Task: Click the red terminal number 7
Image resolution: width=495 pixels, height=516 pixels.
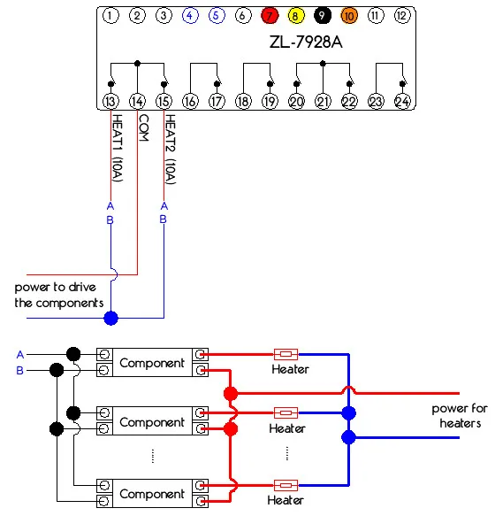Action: point(270,15)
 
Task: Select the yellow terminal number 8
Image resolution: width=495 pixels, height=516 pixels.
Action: point(296,15)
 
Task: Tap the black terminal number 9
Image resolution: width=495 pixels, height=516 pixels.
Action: point(323,15)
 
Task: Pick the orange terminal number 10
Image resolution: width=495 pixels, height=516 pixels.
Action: point(349,15)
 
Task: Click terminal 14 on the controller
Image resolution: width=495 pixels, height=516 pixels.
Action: point(137,102)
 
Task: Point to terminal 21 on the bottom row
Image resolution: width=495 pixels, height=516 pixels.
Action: point(323,102)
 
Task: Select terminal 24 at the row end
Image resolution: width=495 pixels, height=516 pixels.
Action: point(402,102)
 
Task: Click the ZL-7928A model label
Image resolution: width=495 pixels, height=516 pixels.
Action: point(306,42)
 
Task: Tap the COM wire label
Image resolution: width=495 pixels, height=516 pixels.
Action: point(143,127)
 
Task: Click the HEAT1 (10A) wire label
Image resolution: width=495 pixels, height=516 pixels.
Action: point(118,148)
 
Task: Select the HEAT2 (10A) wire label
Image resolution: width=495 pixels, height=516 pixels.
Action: point(171,150)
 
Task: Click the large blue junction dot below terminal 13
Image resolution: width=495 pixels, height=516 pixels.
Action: point(110,319)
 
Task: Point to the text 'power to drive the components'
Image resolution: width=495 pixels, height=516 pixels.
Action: point(59,295)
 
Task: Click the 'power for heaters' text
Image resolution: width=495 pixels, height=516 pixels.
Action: point(460,416)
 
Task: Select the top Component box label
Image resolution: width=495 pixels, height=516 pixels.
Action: point(152,363)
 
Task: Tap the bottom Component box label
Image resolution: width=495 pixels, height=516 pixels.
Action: point(152,494)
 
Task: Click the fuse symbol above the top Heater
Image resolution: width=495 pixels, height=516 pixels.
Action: point(286,354)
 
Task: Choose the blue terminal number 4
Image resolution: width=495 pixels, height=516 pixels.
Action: point(190,15)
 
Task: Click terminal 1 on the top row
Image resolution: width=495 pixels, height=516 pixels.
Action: point(110,15)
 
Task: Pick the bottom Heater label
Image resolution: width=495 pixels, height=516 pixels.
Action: point(286,500)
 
